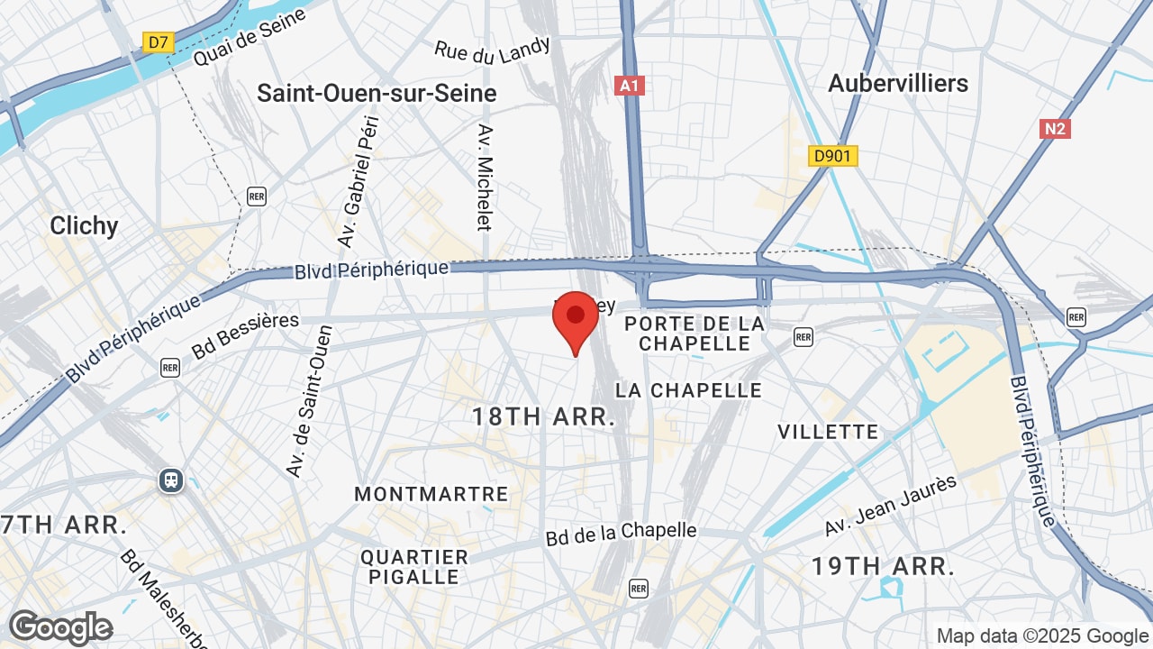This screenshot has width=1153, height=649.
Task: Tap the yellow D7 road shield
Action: click(x=158, y=41)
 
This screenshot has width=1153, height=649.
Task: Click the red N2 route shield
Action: click(x=1055, y=129)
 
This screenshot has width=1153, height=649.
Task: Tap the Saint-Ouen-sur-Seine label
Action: click(x=377, y=93)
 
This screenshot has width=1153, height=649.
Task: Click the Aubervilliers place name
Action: click(x=898, y=83)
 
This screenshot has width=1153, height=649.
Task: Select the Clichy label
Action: click(x=84, y=224)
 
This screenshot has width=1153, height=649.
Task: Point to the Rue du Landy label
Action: click(x=492, y=51)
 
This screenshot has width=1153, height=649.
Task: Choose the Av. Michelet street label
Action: click(x=485, y=177)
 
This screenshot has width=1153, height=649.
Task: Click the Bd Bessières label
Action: click(x=245, y=334)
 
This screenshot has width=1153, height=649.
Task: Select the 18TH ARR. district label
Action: click(x=544, y=416)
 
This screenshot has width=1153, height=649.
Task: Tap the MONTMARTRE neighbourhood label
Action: click(x=431, y=494)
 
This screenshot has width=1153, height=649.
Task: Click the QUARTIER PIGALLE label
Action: click(x=415, y=566)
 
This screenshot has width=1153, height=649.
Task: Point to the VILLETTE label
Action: click(x=828, y=431)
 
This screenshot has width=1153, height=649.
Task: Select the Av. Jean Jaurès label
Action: click(x=891, y=507)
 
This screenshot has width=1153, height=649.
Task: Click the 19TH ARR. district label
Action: click(x=882, y=566)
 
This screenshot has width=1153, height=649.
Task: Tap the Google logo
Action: click(x=60, y=627)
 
